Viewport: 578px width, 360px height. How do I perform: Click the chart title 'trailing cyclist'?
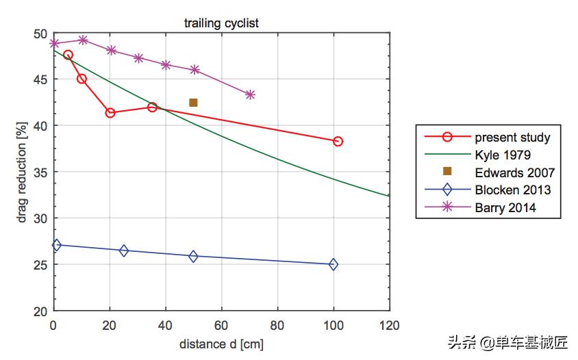pyautogui.click(x=221, y=23)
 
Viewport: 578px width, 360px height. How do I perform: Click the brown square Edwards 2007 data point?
pyautogui.click(x=193, y=103)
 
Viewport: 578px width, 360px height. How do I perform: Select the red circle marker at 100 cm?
pyautogui.click(x=338, y=141)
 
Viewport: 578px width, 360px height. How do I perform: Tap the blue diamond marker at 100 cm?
pyautogui.click(x=334, y=264)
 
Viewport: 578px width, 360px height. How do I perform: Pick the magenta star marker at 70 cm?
pyautogui.click(x=250, y=94)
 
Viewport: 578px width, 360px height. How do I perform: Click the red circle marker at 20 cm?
pyautogui.click(x=110, y=112)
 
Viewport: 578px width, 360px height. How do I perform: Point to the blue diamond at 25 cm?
pyautogui.click(x=124, y=250)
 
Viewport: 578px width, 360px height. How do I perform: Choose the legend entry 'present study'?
pyautogui.click(x=512, y=137)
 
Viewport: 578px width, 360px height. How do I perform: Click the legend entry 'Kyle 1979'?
pyautogui.click(x=502, y=155)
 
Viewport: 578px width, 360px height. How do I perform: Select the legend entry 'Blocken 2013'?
pyautogui.click(x=512, y=190)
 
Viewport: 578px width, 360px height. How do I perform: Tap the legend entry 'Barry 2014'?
pyautogui.click(x=505, y=208)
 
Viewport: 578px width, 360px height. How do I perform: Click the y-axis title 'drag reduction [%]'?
pyautogui.click(x=22, y=172)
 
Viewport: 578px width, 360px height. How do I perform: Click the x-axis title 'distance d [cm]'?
pyautogui.click(x=221, y=343)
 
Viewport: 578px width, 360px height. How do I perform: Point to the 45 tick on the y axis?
pyautogui.click(x=40, y=79)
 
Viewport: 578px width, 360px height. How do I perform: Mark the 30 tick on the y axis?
pyautogui.click(x=40, y=218)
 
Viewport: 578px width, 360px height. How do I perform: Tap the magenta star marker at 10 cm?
pyautogui.click(x=83, y=40)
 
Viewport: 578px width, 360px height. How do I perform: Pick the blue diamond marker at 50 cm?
pyautogui.click(x=194, y=256)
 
